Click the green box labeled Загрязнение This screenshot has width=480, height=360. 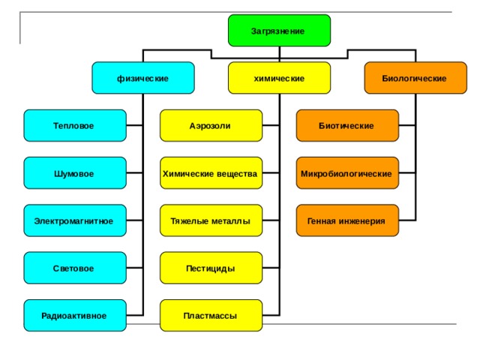coord(279,31)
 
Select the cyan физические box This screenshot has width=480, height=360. coord(143,78)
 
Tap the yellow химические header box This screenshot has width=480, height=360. coord(279,78)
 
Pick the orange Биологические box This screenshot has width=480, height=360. coord(415,78)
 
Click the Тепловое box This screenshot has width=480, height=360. coord(75,125)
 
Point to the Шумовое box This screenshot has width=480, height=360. coord(75,173)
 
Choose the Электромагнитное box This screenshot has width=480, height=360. coord(75,220)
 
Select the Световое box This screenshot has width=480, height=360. coord(75,268)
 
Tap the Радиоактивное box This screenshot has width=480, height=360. coord(75,315)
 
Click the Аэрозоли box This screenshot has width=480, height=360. coord(211,125)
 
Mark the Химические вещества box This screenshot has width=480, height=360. coord(211,173)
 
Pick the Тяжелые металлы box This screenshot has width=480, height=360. coord(211,220)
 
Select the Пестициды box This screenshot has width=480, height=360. coord(211,268)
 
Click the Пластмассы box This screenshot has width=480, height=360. coord(211,315)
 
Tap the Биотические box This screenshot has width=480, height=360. coord(347,125)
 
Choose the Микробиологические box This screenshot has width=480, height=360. coord(347,173)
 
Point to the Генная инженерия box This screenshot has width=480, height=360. coord(347,220)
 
